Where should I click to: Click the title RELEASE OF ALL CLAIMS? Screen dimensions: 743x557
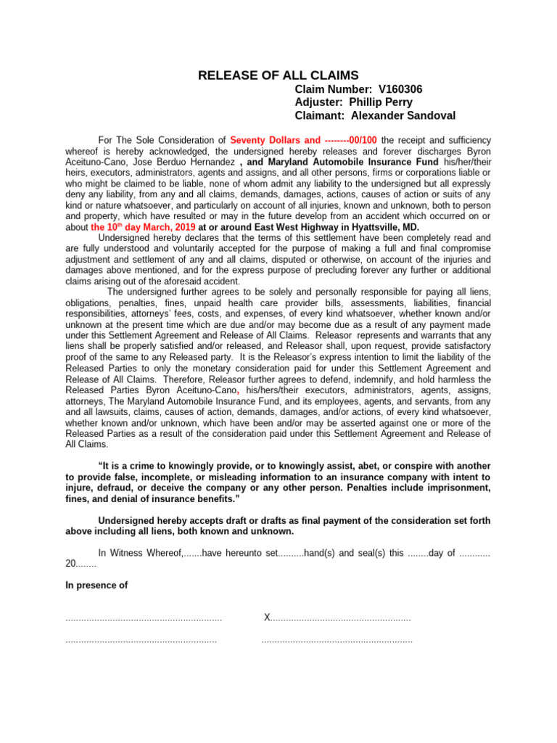pos(278,75)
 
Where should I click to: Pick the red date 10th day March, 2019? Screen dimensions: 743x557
pos(144,227)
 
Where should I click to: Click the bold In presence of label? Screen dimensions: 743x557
pos(96,585)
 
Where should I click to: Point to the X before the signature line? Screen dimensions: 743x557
pos(267,617)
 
